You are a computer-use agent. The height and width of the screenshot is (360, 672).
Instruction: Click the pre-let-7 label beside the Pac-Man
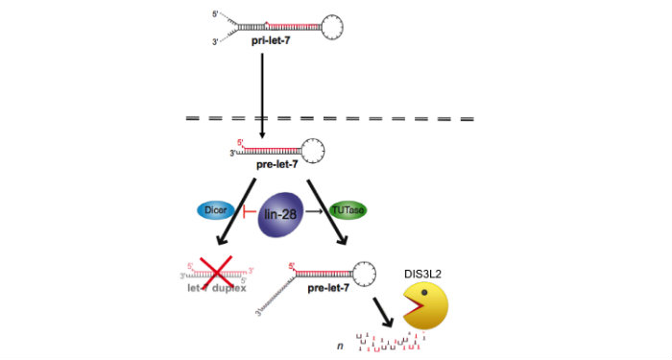point(324,287)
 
